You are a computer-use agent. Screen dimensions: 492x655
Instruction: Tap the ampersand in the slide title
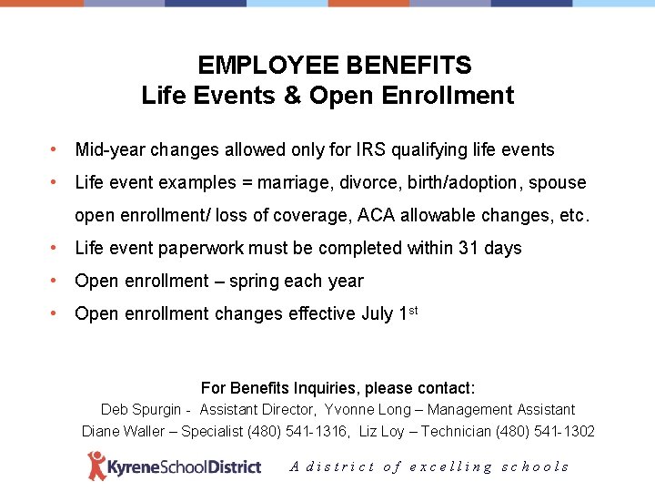coord(292,95)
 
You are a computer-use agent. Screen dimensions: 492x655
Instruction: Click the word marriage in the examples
coord(294,183)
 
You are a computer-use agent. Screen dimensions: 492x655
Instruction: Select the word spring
coord(254,282)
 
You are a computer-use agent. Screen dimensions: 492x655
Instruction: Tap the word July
coord(377,313)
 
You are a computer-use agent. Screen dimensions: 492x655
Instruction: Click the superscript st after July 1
coord(412,310)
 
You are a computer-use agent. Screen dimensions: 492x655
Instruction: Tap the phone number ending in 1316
coord(304,431)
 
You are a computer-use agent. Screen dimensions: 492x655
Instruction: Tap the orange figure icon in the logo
coord(96,466)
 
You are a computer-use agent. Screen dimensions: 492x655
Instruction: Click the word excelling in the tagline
coord(451,466)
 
